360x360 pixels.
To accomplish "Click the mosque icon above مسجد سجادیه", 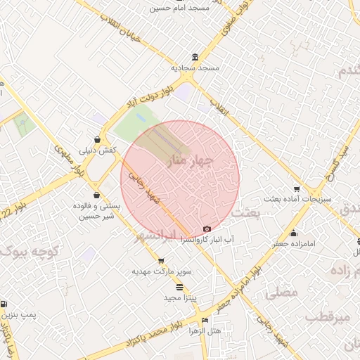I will tap(195, 58).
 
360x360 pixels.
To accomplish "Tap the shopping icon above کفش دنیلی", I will tap(98, 139).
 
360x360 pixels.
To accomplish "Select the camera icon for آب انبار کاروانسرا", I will tap(207, 229).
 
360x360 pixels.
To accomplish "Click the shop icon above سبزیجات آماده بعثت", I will tap(297, 188).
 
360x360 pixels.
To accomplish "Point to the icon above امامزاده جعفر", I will tap(293, 233).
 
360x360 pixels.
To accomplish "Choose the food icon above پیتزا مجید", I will tap(179, 287).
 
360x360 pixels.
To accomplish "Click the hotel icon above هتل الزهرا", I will tap(205, 320).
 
